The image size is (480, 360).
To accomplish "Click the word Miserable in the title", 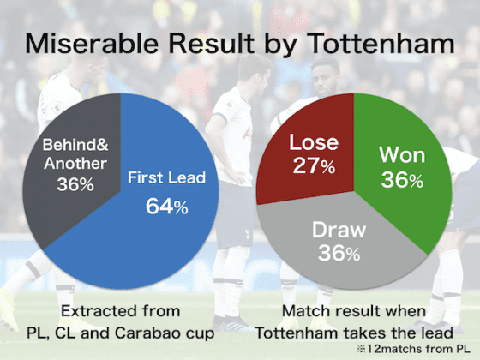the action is pyautogui.click(x=92, y=44).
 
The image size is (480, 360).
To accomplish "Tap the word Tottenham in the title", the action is pyautogui.click(x=381, y=44).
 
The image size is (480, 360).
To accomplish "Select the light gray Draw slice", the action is pyautogui.click(x=339, y=245).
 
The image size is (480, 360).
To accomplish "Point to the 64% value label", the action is pyautogui.click(x=167, y=207).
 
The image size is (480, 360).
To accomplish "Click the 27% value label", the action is pyautogui.click(x=314, y=165).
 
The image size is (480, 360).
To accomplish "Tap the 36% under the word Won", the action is pyautogui.click(x=402, y=179).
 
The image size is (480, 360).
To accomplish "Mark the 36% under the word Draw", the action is pyautogui.click(x=339, y=253).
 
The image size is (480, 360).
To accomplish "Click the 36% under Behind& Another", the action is pyautogui.click(x=75, y=184).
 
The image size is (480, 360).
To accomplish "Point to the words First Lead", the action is pyautogui.click(x=167, y=177).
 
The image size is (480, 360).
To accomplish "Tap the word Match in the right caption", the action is pyautogui.click(x=307, y=311).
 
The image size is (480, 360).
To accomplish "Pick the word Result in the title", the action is pyautogui.click(x=211, y=44).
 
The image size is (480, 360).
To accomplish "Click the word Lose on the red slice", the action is pyautogui.click(x=314, y=142).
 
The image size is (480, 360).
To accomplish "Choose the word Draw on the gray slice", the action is pyautogui.click(x=339, y=230).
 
